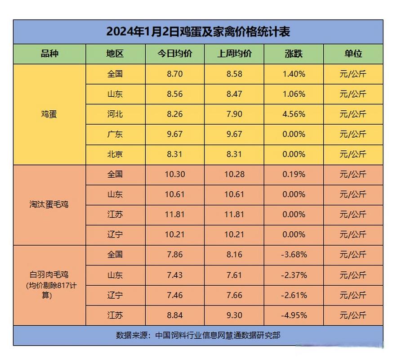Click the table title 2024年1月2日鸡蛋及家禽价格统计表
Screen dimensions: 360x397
coord(198,31)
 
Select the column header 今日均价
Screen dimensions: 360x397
coord(175,54)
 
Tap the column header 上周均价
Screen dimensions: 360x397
coord(235,54)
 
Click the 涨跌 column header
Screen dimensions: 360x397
coord(294,54)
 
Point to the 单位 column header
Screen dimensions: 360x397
coord(353,54)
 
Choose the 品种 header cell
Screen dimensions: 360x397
coord(49,54)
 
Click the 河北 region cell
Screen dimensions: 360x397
coord(115,114)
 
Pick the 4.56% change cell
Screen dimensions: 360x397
coord(294,114)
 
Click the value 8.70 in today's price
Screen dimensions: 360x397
coord(175,74)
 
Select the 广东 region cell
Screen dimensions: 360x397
coord(115,134)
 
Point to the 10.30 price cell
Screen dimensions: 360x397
coord(175,174)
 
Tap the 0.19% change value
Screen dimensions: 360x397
coord(294,174)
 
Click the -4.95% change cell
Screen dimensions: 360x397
coord(294,315)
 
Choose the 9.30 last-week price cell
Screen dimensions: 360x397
coord(235,315)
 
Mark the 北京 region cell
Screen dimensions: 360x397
coord(115,154)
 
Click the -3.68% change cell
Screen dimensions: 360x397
coord(294,255)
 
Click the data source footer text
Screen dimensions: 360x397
coord(198,335)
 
